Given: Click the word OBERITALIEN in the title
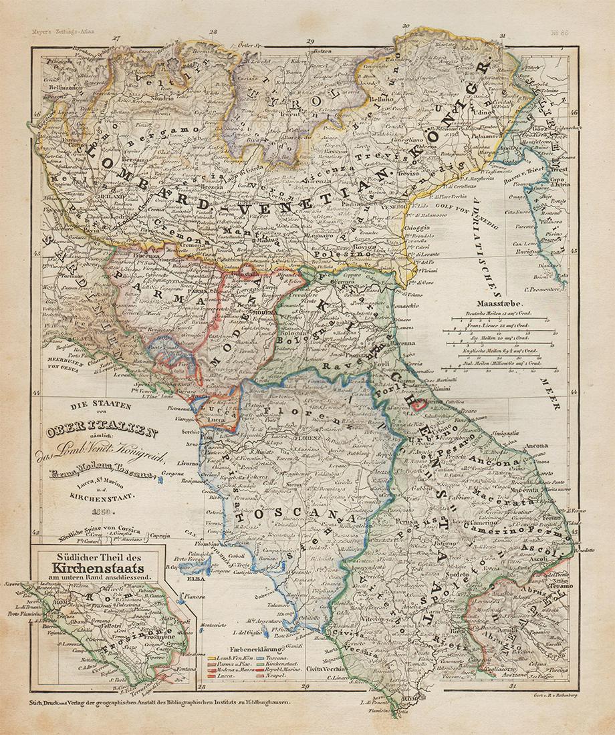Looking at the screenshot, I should tap(102, 432).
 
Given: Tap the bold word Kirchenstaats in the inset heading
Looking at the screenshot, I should tap(98, 569).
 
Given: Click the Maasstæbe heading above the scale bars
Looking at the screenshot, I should tap(508, 302).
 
